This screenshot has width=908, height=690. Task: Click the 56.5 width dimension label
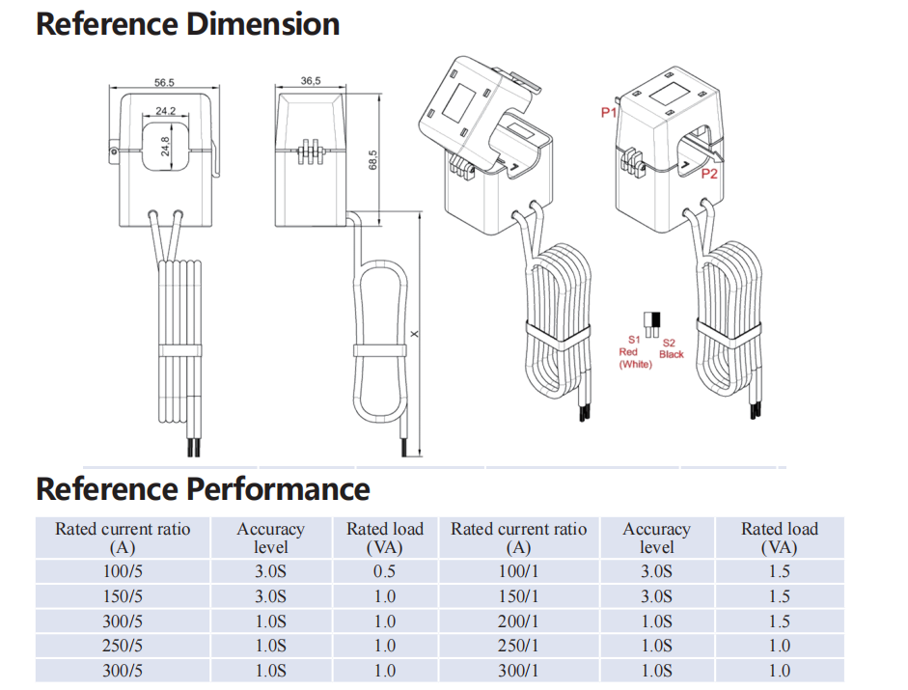[x=164, y=83]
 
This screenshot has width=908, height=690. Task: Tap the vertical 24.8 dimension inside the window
[x=165, y=147]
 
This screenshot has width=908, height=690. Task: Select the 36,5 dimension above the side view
[x=311, y=82]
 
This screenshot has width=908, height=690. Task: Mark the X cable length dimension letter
[x=415, y=334]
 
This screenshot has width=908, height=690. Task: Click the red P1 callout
[x=609, y=113]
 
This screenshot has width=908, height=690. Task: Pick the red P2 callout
[x=709, y=175]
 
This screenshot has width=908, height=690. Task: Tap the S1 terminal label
[x=634, y=340]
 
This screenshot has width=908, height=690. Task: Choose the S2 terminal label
[x=670, y=343]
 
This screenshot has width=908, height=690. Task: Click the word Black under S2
[x=672, y=354]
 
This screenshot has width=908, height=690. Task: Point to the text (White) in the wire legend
[x=635, y=364]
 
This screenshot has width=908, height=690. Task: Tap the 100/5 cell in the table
[x=123, y=571]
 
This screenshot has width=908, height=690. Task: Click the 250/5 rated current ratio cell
[x=123, y=646]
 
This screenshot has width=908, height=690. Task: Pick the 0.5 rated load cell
[x=385, y=571]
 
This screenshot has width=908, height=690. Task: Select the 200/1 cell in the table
[x=518, y=621]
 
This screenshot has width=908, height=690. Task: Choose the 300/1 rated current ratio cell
[x=518, y=671]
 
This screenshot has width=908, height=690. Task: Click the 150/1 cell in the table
[x=518, y=596]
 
